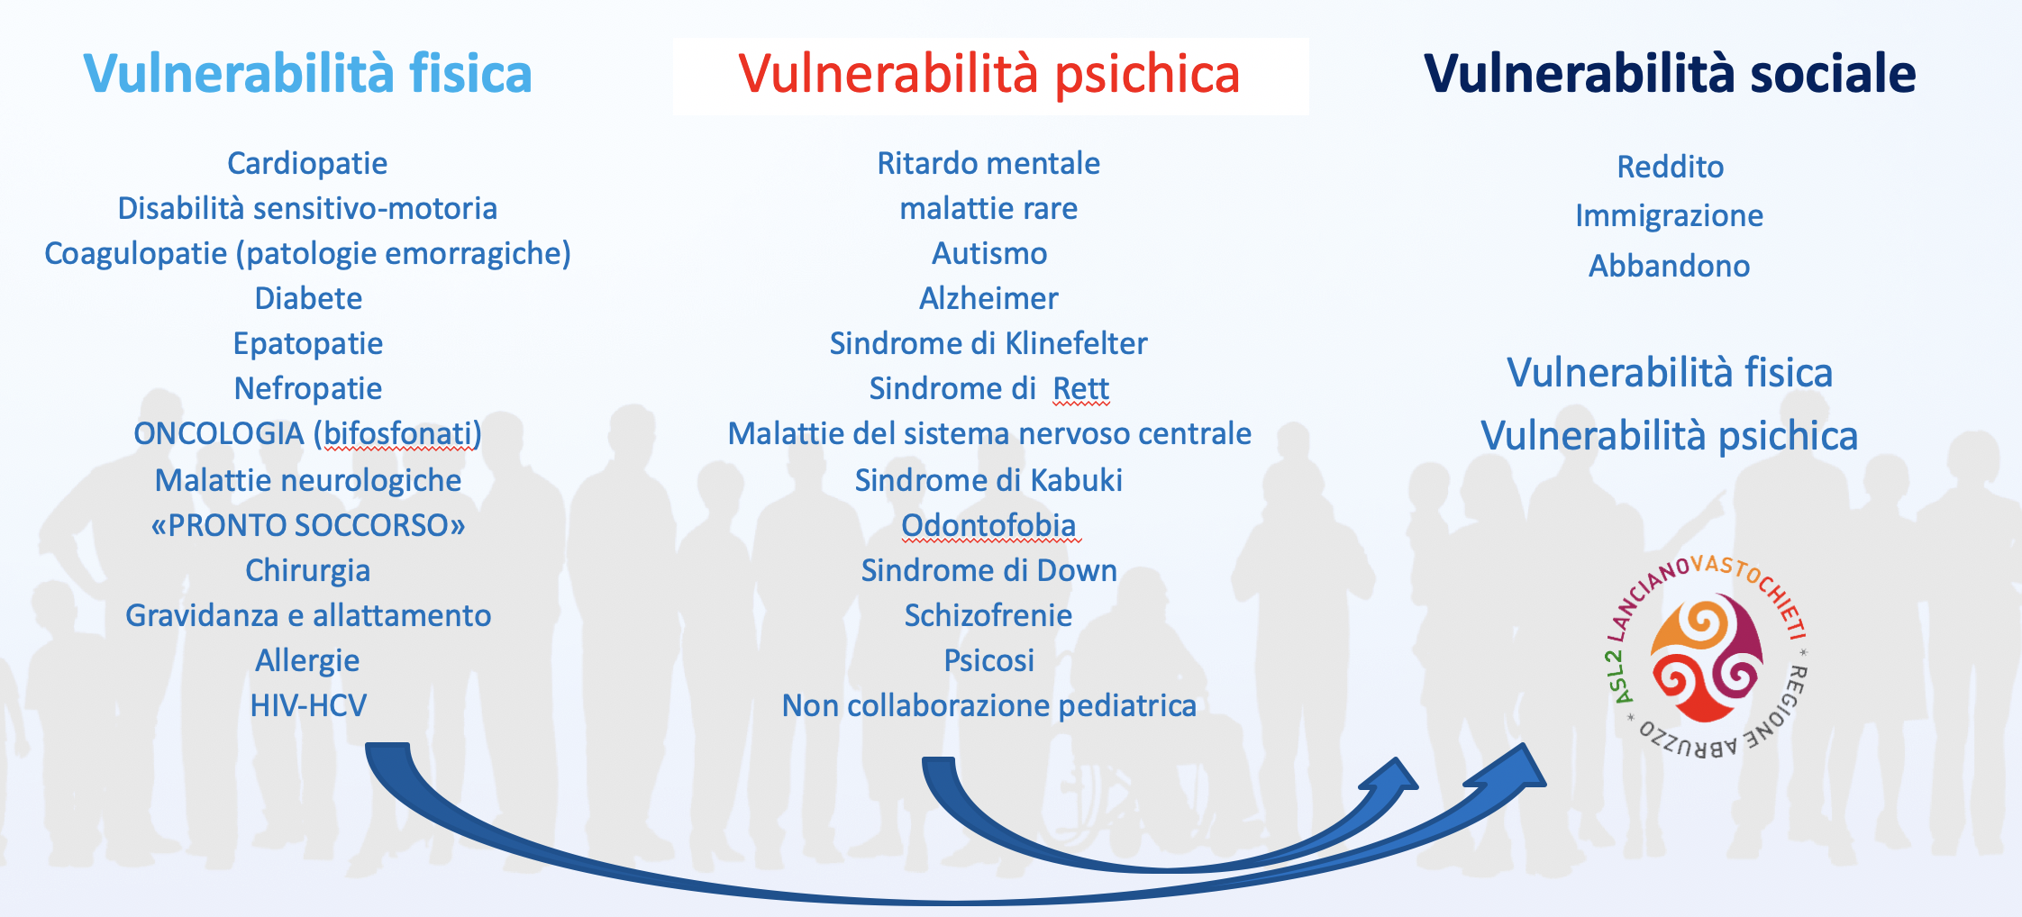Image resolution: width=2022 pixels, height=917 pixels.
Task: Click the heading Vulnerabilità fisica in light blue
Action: coord(307,73)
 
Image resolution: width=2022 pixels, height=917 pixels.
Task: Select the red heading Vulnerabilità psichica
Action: coord(988,74)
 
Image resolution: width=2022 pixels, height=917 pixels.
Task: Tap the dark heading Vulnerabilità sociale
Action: coord(1669,73)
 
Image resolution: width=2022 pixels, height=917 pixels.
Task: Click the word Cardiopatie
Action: coord(307,164)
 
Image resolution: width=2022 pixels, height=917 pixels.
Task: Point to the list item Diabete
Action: coord(308,298)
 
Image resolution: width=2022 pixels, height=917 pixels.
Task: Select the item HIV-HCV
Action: coord(308,705)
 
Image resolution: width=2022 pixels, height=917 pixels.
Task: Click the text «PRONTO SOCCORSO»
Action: coord(308,525)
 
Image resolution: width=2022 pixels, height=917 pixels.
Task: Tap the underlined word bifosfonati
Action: coord(397,434)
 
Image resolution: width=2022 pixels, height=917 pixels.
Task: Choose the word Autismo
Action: coord(989,253)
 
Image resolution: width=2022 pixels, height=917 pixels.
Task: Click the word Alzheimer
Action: coord(988,298)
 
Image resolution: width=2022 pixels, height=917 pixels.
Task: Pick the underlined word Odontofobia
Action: coord(988,525)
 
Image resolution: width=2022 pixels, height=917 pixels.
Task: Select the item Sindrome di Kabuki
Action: coord(988,480)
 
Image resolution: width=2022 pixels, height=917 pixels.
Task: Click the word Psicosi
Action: coord(988,660)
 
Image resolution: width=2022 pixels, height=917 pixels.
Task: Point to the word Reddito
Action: coord(1670,167)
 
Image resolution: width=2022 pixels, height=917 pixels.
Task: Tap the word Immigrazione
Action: coord(1669,216)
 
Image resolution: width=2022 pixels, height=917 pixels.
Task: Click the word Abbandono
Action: coord(1669,266)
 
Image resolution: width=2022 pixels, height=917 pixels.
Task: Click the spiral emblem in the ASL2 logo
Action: coord(1706,658)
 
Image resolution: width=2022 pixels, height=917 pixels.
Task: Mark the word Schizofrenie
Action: coord(988,615)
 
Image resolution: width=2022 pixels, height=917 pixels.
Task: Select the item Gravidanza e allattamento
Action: coord(308,615)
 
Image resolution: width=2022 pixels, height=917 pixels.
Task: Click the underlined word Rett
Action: coord(1081,388)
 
